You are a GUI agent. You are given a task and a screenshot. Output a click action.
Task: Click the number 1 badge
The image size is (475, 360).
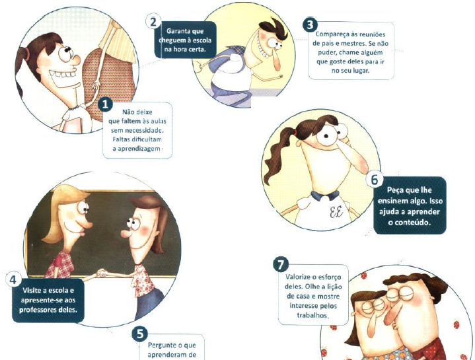click(105, 105)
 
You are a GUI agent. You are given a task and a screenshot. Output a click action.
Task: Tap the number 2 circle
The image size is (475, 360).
click(153, 22)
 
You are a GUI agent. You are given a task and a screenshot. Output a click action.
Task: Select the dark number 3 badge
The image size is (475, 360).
click(310, 24)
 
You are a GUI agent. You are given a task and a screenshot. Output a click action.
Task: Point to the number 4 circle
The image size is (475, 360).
click(13, 279)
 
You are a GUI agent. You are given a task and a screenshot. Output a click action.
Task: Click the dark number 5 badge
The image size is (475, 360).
click(140, 334)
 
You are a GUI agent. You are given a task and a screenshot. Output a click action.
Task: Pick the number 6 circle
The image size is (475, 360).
click(375, 180)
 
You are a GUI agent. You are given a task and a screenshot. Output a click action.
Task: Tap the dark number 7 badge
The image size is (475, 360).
click(281, 265)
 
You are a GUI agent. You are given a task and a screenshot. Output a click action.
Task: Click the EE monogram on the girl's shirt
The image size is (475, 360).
click(336, 212)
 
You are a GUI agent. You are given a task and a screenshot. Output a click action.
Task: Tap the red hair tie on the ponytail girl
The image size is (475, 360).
click(296, 133)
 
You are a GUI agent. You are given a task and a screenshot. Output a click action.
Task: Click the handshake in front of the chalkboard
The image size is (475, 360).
click(102, 273)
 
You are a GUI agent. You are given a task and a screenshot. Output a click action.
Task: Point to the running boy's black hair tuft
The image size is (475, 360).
click(279, 29)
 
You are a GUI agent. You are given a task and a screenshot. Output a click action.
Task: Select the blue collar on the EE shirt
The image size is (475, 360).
click(325, 196)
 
